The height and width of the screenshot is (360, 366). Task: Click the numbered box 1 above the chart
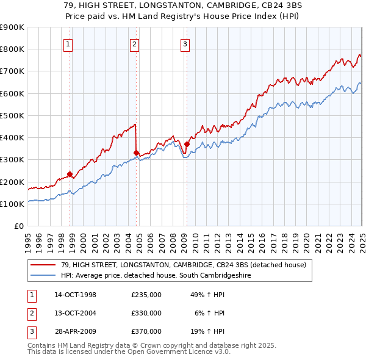pyautogui.click(x=68, y=43)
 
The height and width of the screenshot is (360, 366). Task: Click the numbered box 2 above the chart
pyautogui.click(x=134, y=43)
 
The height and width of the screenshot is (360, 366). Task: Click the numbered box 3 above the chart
pyautogui.click(x=185, y=43)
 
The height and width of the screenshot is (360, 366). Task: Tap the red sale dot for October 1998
pyautogui.click(x=70, y=174)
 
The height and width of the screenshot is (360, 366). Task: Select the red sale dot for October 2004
pyautogui.click(x=137, y=153)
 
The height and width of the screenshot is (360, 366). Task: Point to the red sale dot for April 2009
pyautogui.click(x=187, y=144)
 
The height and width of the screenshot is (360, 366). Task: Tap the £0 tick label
pyautogui.click(x=18, y=226)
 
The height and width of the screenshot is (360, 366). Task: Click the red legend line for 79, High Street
pyautogui.click(x=42, y=264)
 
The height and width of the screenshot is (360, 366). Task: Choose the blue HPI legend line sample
pyautogui.click(x=42, y=276)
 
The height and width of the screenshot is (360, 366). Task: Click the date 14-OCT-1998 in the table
pyautogui.click(x=75, y=295)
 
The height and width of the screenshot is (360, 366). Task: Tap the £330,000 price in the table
pyautogui.click(x=146, y=313)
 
